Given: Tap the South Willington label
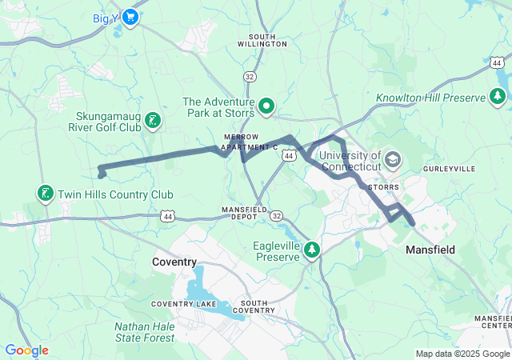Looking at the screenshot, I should click(x=267, y=40).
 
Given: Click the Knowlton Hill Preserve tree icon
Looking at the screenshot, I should click(x=498, y=97).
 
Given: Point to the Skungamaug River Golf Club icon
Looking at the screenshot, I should click(x=151, y=122).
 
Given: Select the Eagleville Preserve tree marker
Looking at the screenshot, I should click(x=310, y=251).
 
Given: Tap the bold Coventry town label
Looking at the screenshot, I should click(x=174, y=262).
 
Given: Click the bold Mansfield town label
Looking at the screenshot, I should click(x=430, y=250).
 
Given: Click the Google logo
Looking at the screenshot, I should click(x=26, y=350).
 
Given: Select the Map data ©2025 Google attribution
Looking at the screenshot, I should click(x=462, y=354).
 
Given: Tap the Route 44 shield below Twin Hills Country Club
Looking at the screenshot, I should click(x=166, y=216).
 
